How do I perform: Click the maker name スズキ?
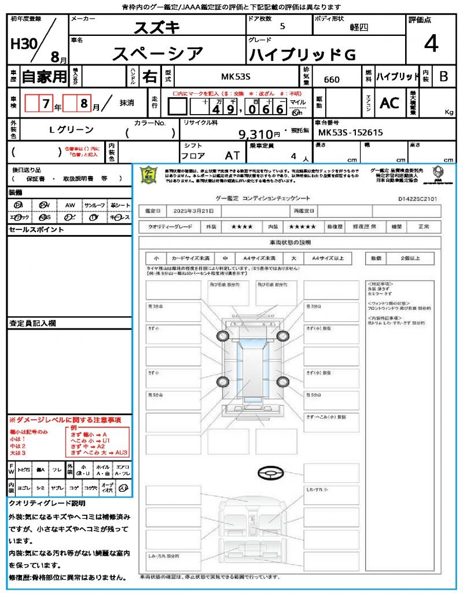point(157,27)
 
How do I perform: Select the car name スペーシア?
point(157,54)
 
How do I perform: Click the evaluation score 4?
point(430,44)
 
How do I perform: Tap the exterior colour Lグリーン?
point(71,130)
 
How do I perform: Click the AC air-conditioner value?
point(389,103)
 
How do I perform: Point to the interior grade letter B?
point(443,76)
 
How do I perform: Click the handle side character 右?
point(149,76)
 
